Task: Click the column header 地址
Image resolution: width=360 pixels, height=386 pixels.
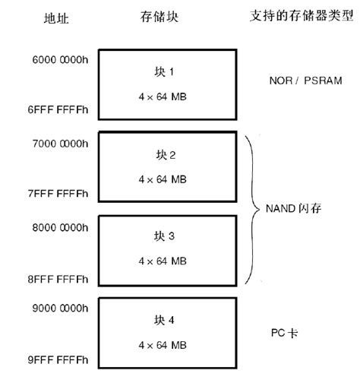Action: coord(56,18)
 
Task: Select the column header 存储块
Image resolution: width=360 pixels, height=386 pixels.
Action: coord(159,17)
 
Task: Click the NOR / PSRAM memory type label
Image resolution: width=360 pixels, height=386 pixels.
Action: coord(296,81)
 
